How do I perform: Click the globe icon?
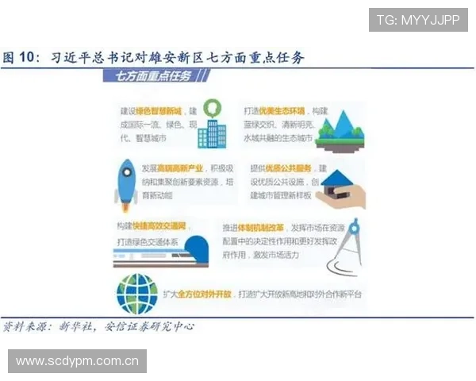(136, 292)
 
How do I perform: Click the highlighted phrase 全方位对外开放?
(205, 294)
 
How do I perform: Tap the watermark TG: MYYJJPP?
(418, 19)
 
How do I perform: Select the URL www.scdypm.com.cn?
(78, 362)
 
